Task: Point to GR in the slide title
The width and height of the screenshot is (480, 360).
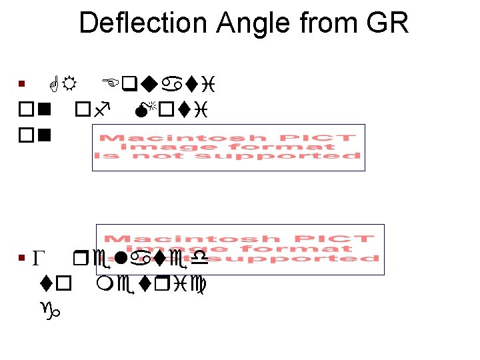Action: [387, 23]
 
